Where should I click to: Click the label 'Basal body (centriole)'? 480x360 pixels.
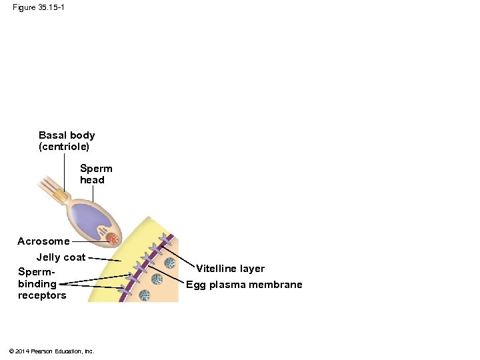[67, 140]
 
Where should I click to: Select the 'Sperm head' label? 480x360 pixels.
[96, 174]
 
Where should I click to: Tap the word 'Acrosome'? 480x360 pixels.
[43, 241]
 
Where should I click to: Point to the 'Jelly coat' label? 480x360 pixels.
[61, 257]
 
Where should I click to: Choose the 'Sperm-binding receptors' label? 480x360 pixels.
[42, 283]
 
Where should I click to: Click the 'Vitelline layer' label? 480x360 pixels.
[230, 269]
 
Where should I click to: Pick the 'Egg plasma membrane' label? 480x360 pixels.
[244, 285]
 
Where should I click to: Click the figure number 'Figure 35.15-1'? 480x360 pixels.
[39, 7]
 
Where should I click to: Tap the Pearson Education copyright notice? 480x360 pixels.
[52, 351]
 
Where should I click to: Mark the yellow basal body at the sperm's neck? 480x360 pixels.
[61, 195]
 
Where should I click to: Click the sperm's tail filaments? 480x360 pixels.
[47, 183]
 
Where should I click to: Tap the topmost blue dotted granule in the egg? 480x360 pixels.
[171, 263]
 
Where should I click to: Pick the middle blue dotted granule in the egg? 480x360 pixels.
[157, 279]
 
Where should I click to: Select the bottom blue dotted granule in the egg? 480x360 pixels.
[144, 295]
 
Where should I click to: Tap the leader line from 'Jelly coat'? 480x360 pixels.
[105, 259]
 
